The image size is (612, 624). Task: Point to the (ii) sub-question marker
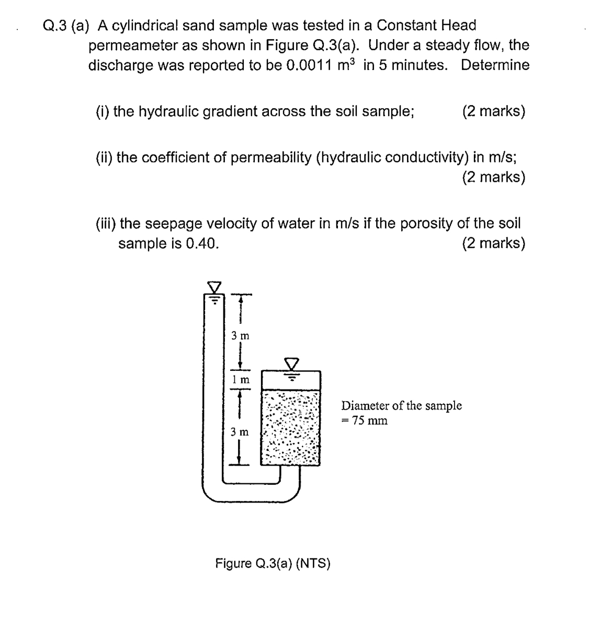105,157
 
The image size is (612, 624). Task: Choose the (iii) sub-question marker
106,224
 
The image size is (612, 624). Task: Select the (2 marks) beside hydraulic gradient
493,111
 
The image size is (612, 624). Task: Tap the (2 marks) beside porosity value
493,244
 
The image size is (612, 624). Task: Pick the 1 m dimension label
241,379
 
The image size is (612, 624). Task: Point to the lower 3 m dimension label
240,432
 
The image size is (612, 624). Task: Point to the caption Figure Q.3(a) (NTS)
273,564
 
